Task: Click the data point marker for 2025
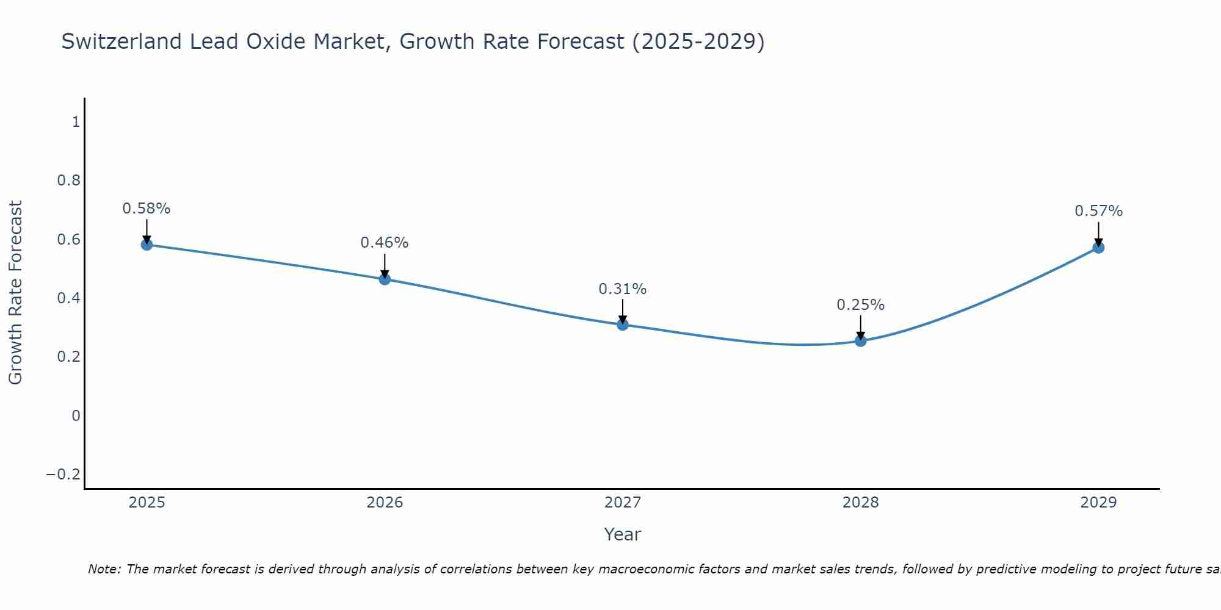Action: (147, 245)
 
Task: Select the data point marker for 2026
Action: (385, 279)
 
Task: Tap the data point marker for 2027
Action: (623, 325)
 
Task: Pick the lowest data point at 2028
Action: (860, 341)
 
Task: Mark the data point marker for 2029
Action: (1098, 248)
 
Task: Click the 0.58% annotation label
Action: (147, 209)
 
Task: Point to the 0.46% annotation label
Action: (385, 243)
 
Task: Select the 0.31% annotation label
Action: (623, 289)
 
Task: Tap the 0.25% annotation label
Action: (860, 305)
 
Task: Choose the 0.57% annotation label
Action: (1098, 211)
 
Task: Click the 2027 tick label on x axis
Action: (623, 503)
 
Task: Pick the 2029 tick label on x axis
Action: (1098, 503)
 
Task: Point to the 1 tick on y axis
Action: (76, 122)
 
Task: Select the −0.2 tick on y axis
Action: (63, 475)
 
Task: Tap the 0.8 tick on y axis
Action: (68, 181)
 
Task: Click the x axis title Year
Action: (622, 534)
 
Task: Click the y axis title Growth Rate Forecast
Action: (15, 293)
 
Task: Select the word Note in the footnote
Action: (104, 569)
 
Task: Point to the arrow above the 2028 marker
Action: (860, 327)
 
